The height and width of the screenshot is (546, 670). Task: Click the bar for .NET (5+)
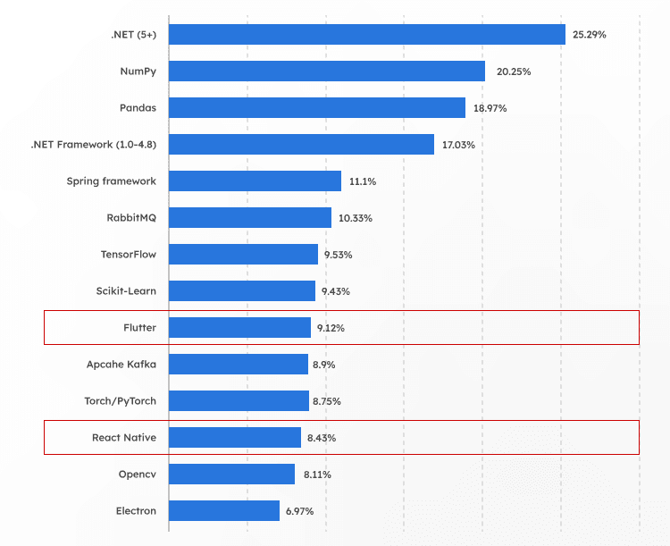coord(366,34)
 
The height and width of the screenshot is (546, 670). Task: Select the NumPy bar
coord(326,71)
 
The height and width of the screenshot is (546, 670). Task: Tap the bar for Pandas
coord(316,107)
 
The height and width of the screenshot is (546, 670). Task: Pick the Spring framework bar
coord(255,181)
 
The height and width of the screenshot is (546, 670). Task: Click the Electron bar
coord(223,510)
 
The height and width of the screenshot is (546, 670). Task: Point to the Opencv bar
coord(231,474)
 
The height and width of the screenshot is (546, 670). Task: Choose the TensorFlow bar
coord(243,254)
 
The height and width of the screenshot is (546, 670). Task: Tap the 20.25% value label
coord(513,71)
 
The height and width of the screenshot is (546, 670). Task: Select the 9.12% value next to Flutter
coord(330,328)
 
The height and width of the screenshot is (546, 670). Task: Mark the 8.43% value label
coord(321,438)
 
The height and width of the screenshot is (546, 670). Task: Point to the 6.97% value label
coord(298,511)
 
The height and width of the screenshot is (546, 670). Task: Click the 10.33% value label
coord(356,218)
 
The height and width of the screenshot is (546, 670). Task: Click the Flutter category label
coord(139,328)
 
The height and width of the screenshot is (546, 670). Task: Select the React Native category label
coord(124,438)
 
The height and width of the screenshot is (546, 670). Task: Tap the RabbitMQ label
coord(131,218)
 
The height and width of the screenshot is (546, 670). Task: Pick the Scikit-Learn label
coord(126,291)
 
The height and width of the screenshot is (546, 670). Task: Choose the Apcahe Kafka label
coord(121,364)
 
